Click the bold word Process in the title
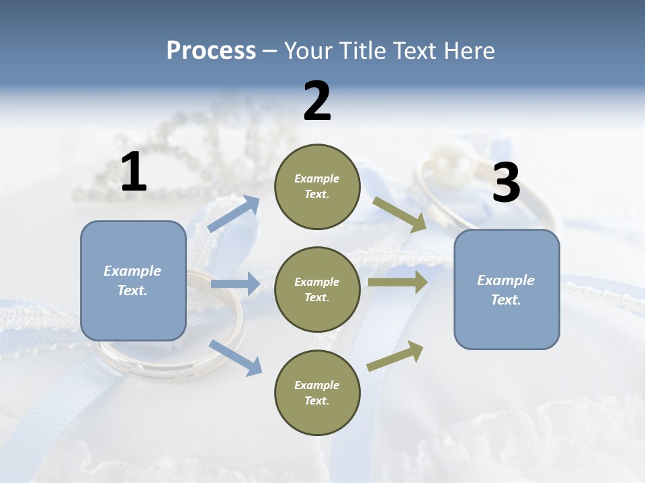click(x=211, y=51)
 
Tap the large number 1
click(x=134, y=172)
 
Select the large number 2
click(x=317, y=101)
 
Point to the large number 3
click(x=506, y=183)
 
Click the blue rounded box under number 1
click(x=133, y=280)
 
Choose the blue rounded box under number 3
click(x=507, y=289)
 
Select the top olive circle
click(x=317, y=186)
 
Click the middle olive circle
click(x=317, y=289)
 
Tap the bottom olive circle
click(x=317, y=392)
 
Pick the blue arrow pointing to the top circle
click(x=234, y=214)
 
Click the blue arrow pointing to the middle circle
click(x=235, y=284)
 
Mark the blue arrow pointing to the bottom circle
click(x=235, y=357)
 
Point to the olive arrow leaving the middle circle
click(x=398, y=282)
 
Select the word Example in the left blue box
click(x=132, y=271)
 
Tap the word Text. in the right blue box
click(x=506, y=300)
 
